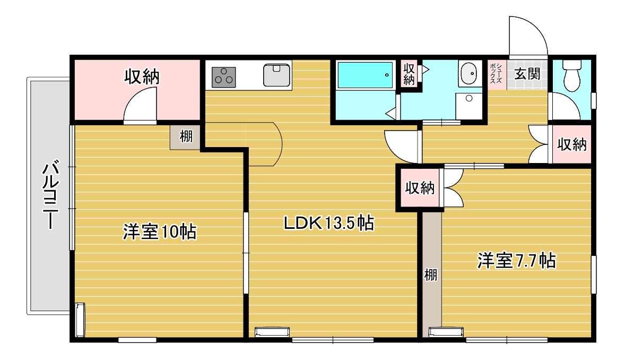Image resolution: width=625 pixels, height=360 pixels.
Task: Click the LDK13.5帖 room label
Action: point(329,222)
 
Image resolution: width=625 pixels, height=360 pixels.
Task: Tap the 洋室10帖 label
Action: point(160,232)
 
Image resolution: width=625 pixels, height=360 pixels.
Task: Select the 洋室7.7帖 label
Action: point(517,261)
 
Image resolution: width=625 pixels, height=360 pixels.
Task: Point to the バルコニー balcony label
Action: point(51,194)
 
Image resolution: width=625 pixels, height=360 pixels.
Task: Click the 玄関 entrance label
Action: point(527,73)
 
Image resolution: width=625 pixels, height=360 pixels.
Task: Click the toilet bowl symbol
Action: point(572,75)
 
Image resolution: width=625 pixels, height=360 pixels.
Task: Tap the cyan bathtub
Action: point(365,75)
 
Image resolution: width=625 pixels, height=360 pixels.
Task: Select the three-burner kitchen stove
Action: point(223,77)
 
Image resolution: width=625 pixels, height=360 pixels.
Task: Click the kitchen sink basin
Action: point(276,75)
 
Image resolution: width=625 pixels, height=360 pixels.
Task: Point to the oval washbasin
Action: point(468,73)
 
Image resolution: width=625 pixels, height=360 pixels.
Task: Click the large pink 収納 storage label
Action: point(142,76)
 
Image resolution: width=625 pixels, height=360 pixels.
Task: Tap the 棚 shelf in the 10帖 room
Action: point(185,137)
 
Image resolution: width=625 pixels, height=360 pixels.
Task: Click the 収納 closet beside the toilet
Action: point(571,144)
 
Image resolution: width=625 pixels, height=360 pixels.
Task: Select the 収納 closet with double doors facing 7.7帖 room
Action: point(419,187)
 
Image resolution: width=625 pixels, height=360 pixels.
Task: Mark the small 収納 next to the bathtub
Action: point(409,74)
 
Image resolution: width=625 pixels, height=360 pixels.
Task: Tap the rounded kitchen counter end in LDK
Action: point(276,144)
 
